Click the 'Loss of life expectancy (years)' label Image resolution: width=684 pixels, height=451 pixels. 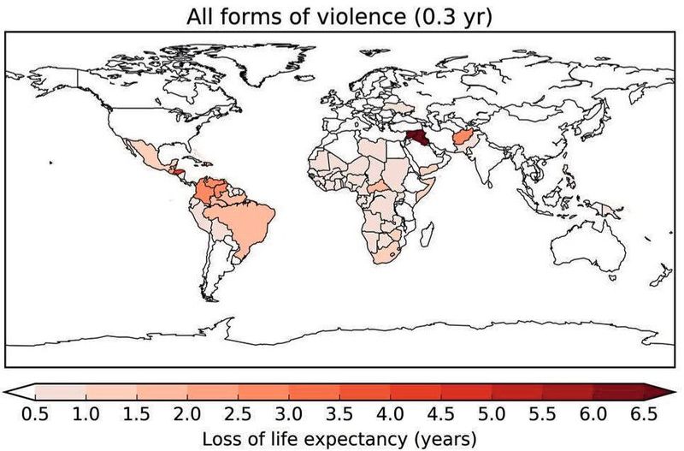click(x=340, y=438)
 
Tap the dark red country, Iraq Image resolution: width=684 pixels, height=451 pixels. click(x=417, y=139)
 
